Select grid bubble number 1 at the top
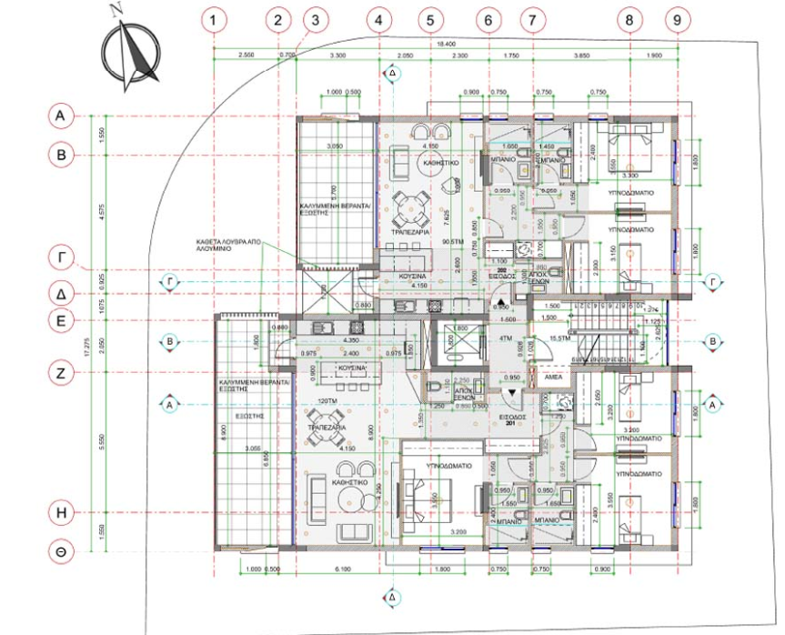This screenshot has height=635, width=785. pos(214,18)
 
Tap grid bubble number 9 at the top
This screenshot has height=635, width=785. pos(675,18)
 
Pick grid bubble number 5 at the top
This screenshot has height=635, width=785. pos(432,18)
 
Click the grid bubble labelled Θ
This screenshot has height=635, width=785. pos(60,552)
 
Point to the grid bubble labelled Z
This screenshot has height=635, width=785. pos(60,372)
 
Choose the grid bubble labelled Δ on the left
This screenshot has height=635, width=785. pos(60,294)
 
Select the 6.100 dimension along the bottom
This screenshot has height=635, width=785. pos(343,569)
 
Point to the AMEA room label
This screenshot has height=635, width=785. pos(552,376)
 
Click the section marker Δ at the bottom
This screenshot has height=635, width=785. pos(392,597)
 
